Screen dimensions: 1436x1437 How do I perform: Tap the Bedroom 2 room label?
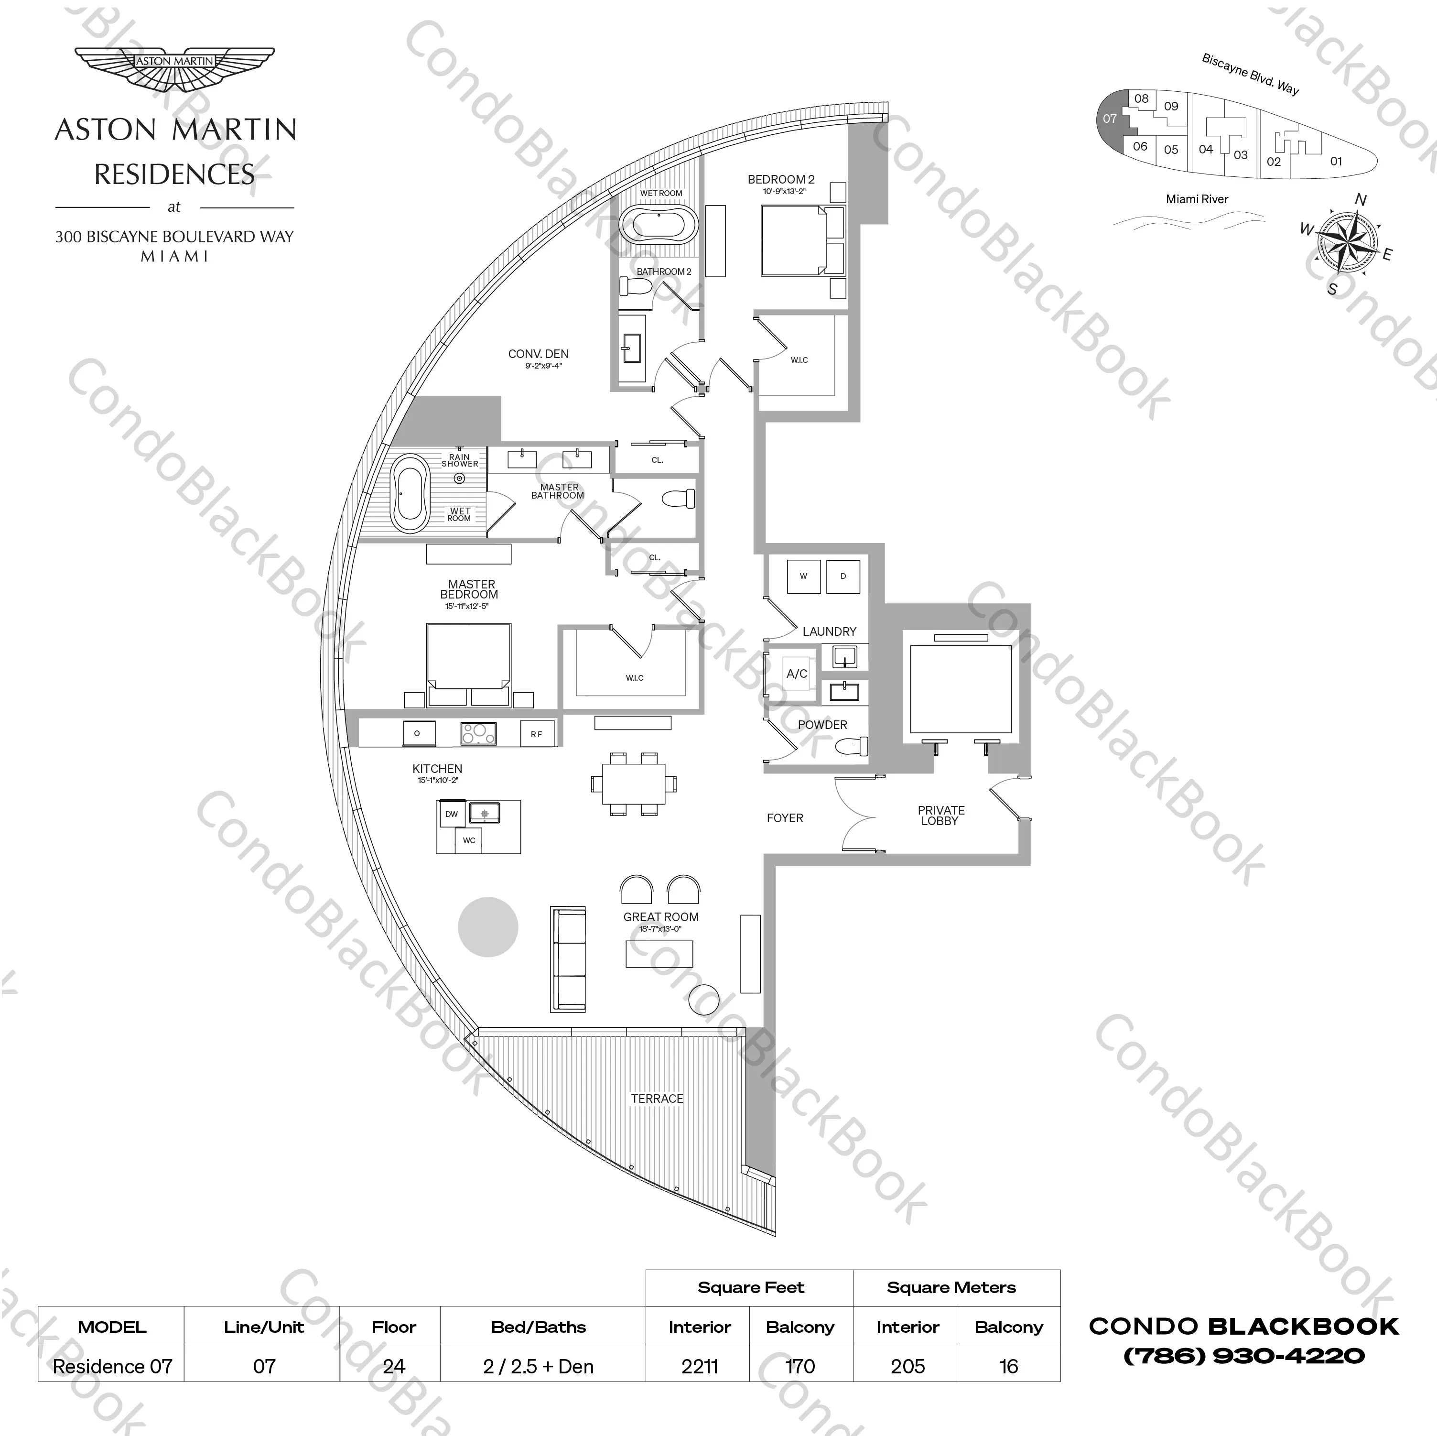tap(781, 179)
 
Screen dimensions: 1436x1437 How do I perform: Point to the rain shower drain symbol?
tap(460, 479)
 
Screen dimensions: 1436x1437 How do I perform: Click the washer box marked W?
tap(803, 577)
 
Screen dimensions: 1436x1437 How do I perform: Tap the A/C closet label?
tap(797, 674)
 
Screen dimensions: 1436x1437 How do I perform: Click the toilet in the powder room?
tap(852, 746)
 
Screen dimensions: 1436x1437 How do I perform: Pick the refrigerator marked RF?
tap(536, 734)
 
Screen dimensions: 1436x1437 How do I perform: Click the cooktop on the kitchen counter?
tap(478, 734)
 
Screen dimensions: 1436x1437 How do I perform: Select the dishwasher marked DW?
tap(452, 814)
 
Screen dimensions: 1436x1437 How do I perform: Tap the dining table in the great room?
tap(634, 784)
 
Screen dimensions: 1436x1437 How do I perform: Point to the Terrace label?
tap(657, 1098)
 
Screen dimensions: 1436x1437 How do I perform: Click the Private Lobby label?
tap(941, 816)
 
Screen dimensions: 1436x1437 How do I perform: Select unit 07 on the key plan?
tap(1110, 119)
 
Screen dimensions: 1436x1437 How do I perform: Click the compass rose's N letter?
tap(1361, 199)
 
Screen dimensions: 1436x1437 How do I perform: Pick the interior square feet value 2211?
tap(699, 1366)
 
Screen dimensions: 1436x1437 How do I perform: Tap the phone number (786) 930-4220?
tap(1243, 1356)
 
